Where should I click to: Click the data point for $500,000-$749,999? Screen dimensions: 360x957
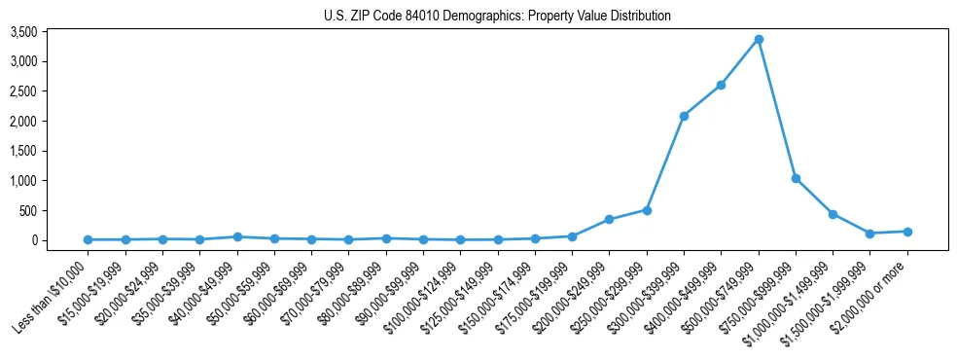coord(759,40)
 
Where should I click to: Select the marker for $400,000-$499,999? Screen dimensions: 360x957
coord(721,86)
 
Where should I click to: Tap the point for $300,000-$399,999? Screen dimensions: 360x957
coord(684,116)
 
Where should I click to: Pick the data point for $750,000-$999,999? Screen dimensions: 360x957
coord(796,179)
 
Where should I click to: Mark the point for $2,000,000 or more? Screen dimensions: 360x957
coord(907,232)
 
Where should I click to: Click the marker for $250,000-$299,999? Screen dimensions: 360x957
coord(647,210)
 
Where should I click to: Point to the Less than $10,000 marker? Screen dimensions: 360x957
coord(89,239)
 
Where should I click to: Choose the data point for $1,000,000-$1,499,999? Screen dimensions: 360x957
coord(833,214)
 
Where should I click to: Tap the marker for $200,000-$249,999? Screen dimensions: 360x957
coord(609,220)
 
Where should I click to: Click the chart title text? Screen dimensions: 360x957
coord(497,17)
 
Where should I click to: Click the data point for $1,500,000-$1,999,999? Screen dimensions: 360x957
coord(870,234)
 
